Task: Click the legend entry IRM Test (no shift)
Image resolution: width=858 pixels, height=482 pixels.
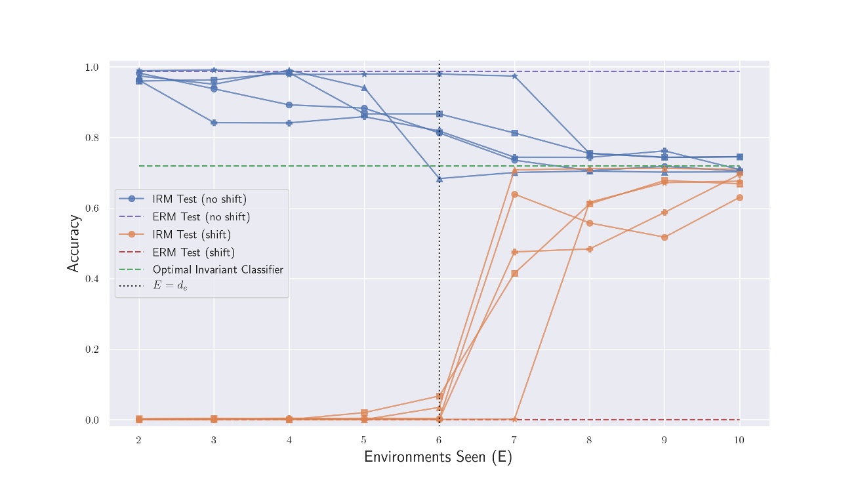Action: click(x=199, y=199)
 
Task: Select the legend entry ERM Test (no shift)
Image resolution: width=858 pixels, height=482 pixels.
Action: click(x=201, y=217)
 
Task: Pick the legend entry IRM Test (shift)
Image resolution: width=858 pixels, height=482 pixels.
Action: click(x=192, y=235)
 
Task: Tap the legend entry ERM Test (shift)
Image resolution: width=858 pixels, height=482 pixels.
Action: click(x=194, y=252)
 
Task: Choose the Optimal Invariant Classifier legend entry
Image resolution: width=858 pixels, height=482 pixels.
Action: click(x=217, y=270)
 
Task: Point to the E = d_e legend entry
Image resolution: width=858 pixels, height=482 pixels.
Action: click(x=170, y=286)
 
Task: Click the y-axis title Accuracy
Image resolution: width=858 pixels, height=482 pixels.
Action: click(x=73, y=243)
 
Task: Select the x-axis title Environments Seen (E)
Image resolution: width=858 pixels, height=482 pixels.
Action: click(x=438, y=457)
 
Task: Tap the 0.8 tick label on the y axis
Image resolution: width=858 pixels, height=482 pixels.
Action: click(x=92, y=138)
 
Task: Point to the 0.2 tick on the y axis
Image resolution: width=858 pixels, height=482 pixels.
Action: click(x=92, y=350)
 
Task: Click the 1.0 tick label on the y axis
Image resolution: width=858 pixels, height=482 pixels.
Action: click(x=92, y=68)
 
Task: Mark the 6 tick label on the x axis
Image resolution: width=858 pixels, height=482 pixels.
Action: click(x=439, y=440)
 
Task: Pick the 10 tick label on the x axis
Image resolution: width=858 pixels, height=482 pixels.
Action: click(x=739, y=440)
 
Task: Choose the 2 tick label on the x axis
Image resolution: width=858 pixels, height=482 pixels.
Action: click(x=138, y=440)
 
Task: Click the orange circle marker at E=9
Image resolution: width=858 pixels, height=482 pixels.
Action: click(x=664, y=237)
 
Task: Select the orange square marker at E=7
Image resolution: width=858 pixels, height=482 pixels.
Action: click(x=514, y=273)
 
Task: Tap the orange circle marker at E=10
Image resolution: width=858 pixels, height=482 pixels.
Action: click(x=739, y=197)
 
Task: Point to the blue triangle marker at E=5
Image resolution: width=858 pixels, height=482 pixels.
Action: click(x=364, y=88)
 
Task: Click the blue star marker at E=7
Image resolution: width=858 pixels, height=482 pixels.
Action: click(x=514, y=76)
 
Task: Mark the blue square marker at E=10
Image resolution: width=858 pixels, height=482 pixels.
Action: click(x=739, y=157)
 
